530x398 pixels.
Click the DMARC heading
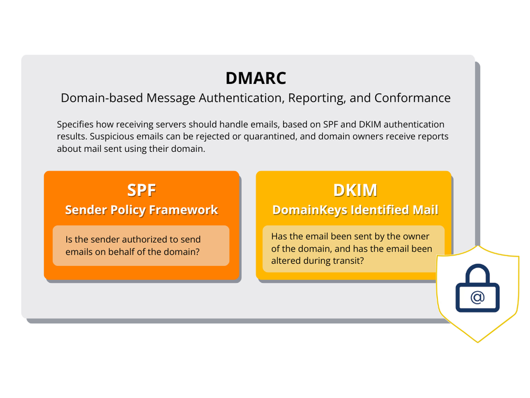[255, 78]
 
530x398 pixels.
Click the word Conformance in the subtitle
[413, 98]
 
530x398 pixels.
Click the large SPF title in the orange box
[142, 190]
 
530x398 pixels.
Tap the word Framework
[183, 210]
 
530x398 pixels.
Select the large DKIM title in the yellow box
[354, 190]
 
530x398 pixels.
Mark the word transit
[348, 261]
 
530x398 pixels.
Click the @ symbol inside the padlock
[477, 298]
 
